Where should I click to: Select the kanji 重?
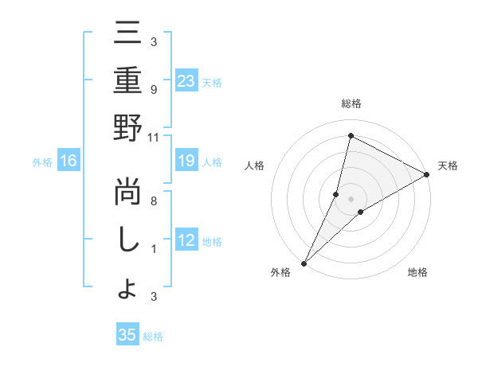128,82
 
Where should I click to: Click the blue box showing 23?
186,81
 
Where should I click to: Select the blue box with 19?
186,162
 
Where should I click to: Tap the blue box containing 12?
186,241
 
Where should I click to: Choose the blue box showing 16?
69,162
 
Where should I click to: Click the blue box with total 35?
127,335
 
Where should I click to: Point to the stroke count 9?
153,90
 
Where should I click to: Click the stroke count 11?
153,137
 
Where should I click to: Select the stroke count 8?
153,202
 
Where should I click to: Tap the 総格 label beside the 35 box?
153,337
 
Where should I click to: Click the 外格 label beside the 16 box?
42,162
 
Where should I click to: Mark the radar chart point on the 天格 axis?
426,176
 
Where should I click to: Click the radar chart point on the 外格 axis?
304,263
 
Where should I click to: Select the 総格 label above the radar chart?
351,103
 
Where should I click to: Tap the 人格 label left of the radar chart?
255,166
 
